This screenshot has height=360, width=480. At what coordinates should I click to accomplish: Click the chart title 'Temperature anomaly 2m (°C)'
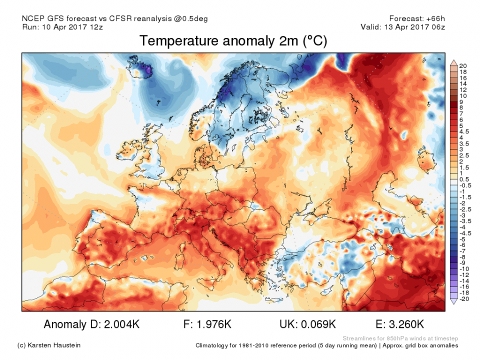pos(233,41)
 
